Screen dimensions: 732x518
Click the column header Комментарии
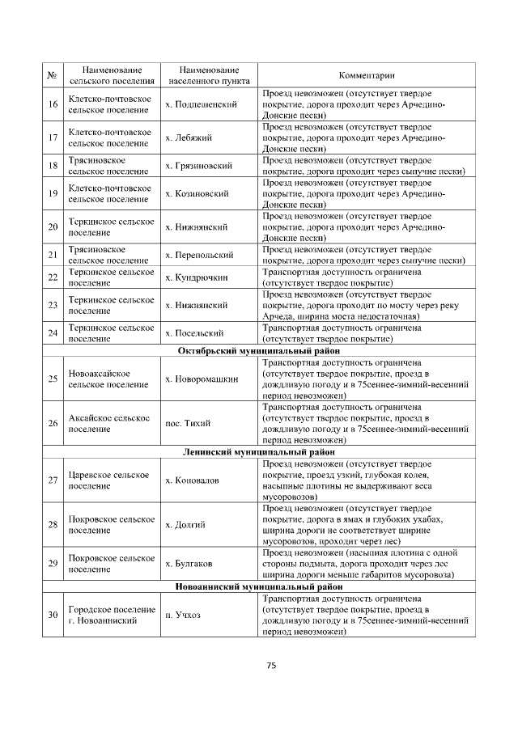click(367, 76)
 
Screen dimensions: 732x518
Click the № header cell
click(53, 76)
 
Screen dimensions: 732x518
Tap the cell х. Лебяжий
click(189, 137)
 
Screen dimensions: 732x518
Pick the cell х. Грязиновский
click(198, 166)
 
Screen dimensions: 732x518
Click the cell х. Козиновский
click(197, 194)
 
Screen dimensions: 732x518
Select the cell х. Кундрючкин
click(197, 277)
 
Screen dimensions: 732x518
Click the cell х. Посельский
click(193, 333)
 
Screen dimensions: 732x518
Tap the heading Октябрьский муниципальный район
click(259, 351)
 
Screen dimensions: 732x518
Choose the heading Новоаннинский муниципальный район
click(259, 586)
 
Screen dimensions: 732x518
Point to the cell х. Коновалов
click(192, 480)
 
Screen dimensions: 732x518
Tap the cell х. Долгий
click(185, 524)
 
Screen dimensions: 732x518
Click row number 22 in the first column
click(53, 277)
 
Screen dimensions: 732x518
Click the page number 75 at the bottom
click(272, 665)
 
